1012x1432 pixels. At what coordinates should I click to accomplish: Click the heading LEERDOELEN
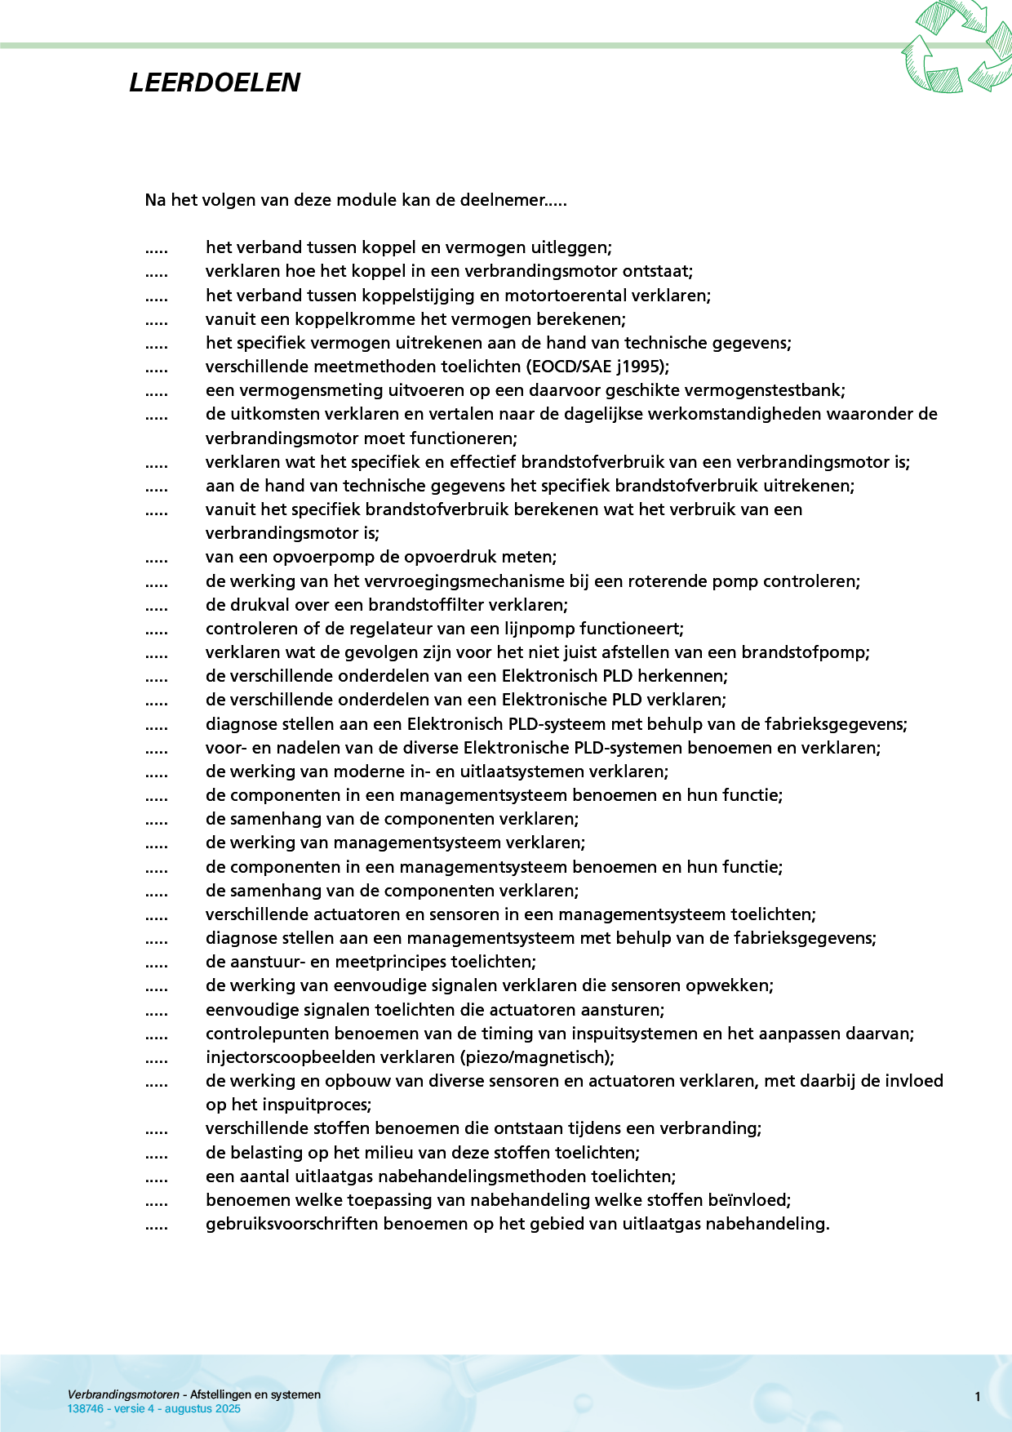(215, 82)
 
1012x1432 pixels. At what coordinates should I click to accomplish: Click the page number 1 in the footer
(977, 1397)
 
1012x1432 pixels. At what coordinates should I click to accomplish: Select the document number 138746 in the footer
(85, 1408)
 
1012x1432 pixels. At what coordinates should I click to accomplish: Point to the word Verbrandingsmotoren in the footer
(123, 1394)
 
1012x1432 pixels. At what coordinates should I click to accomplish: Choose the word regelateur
(393, 629)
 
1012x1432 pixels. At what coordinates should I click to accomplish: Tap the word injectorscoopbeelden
(289, 1057)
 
